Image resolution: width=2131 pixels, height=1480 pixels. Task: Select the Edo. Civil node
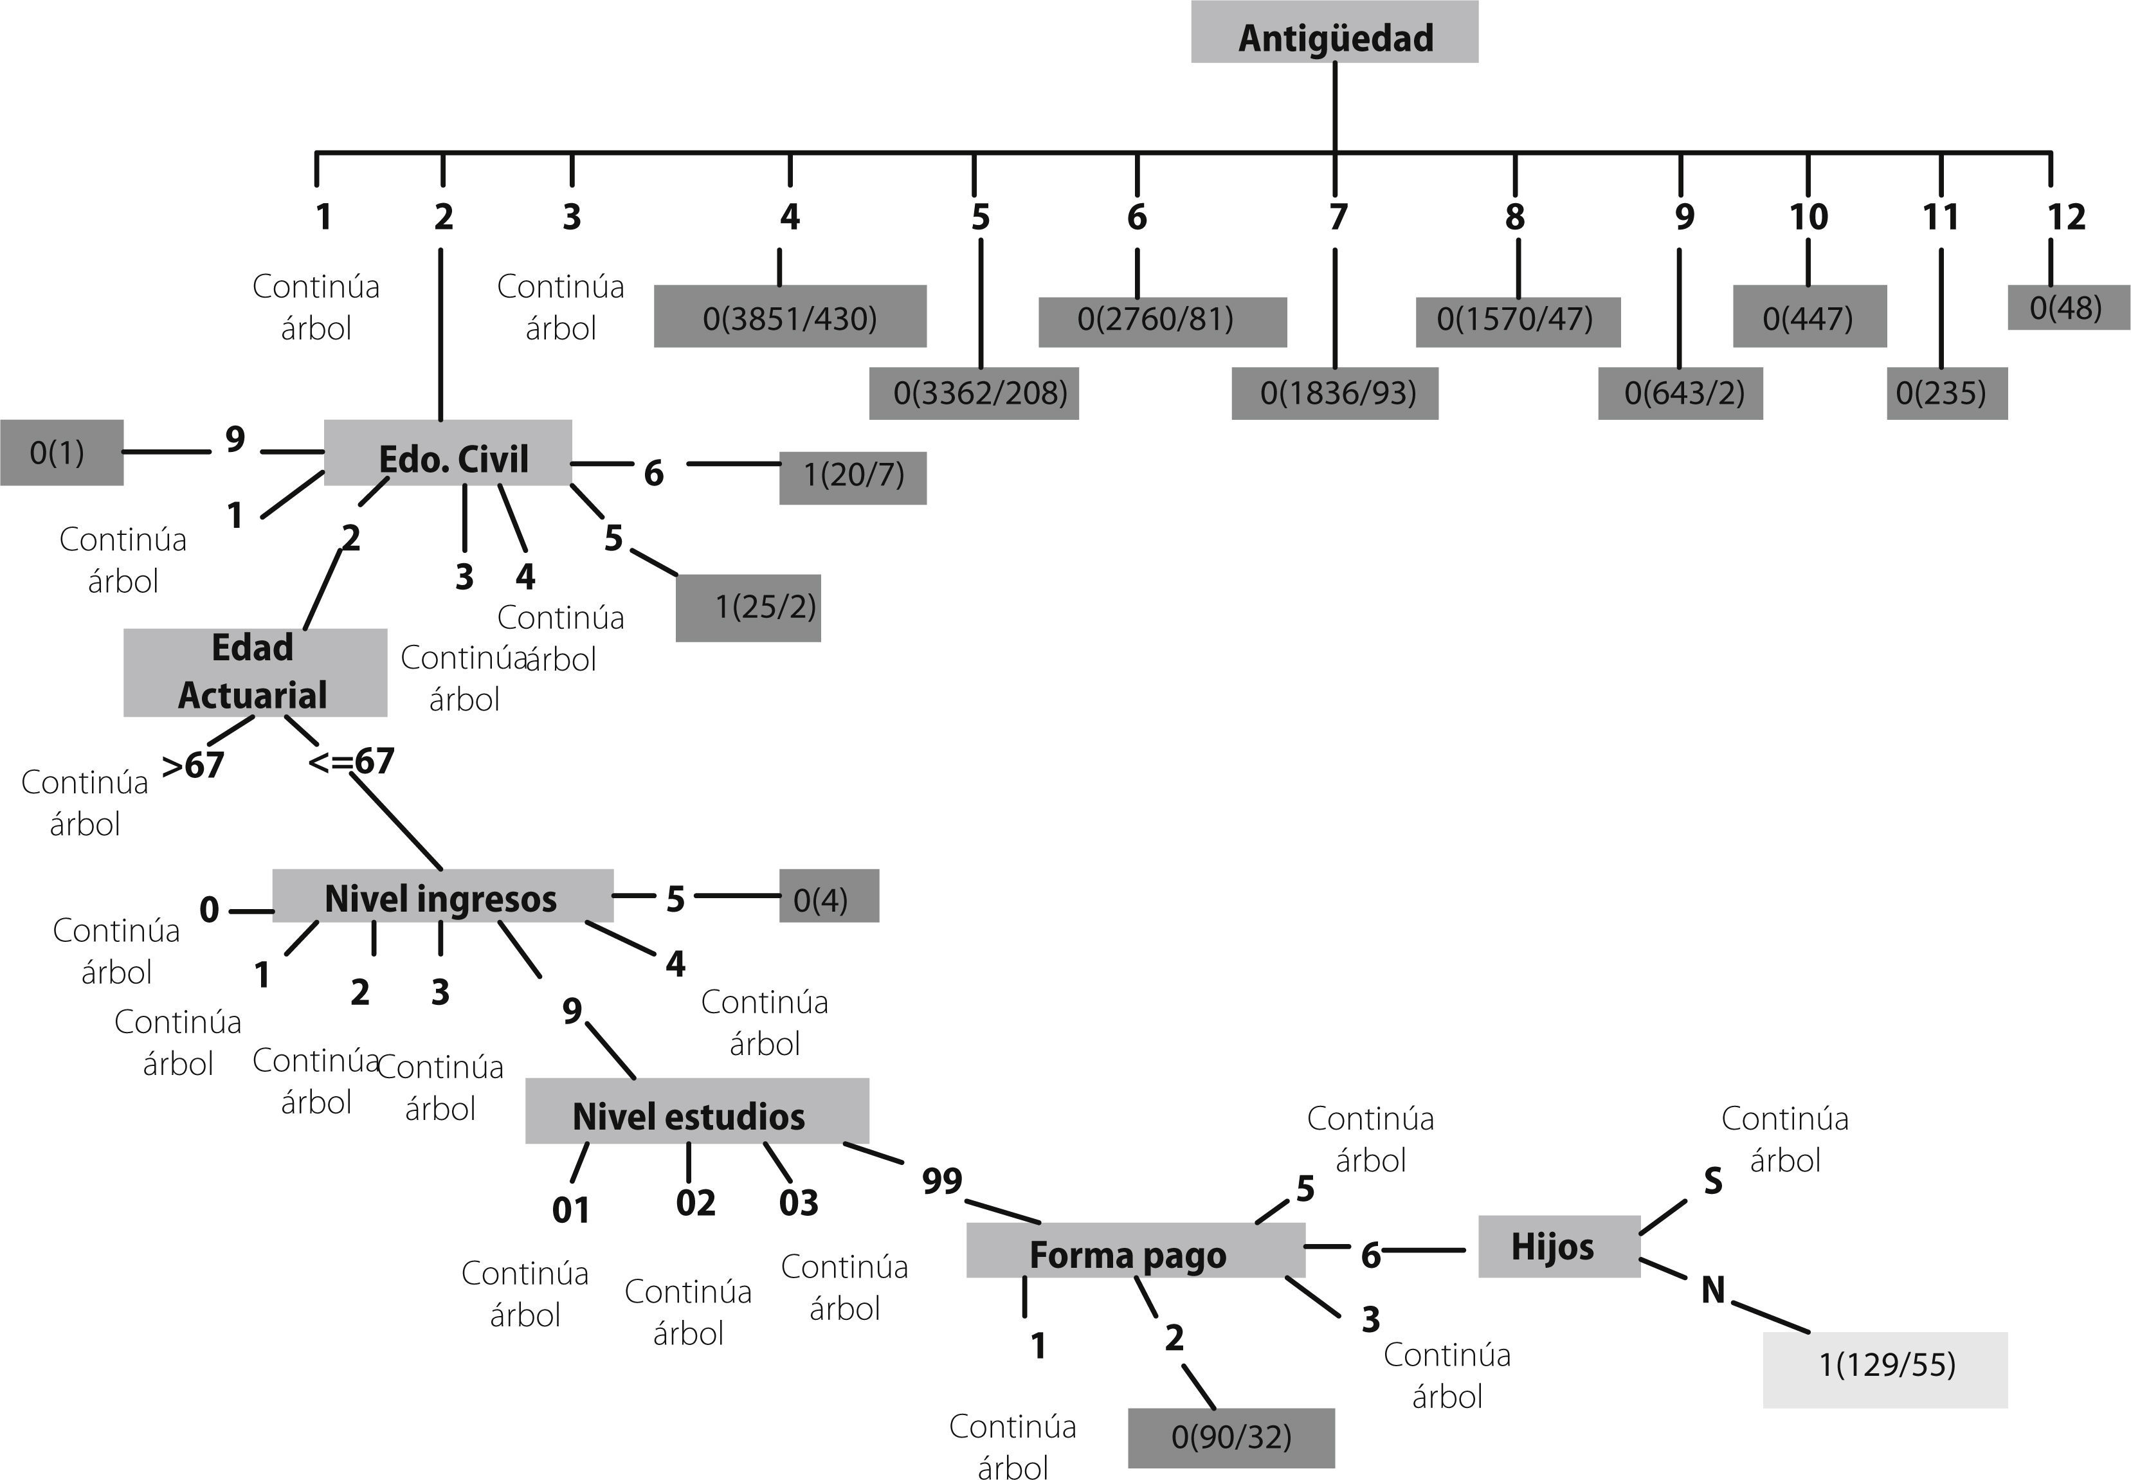coord(448,453)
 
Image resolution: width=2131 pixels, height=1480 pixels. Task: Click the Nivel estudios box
coord(696,1112)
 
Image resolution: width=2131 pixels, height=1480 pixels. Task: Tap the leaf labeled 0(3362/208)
coord(974,393)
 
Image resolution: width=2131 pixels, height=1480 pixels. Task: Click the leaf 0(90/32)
coord(1231,1438)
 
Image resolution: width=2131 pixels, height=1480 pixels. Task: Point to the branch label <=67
coord(352,761)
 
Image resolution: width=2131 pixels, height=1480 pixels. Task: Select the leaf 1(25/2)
coord(749,608)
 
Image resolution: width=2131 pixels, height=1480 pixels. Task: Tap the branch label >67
coord(193,766)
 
